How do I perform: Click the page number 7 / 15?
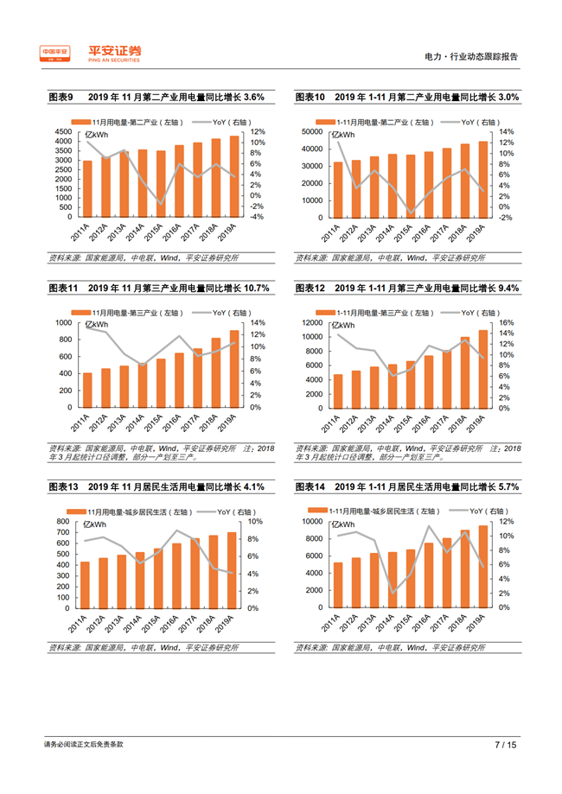(x=505, y=743)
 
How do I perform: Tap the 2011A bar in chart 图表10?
(x=338, y=189)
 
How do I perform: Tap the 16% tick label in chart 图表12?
(x=508, y=322)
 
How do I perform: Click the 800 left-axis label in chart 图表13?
(x=63, y=522)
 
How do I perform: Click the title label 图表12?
(x=309, y=288)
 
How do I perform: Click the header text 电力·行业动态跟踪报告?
(x=472, y=56)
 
